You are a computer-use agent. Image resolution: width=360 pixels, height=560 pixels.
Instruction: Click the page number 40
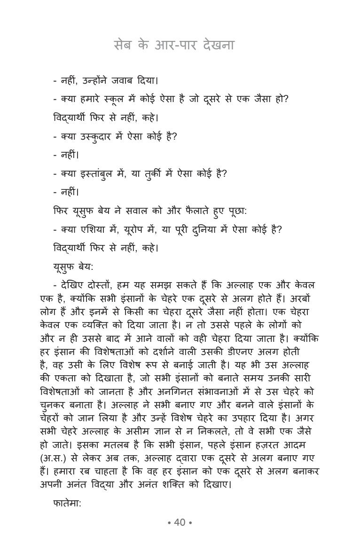tap(180, 522)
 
